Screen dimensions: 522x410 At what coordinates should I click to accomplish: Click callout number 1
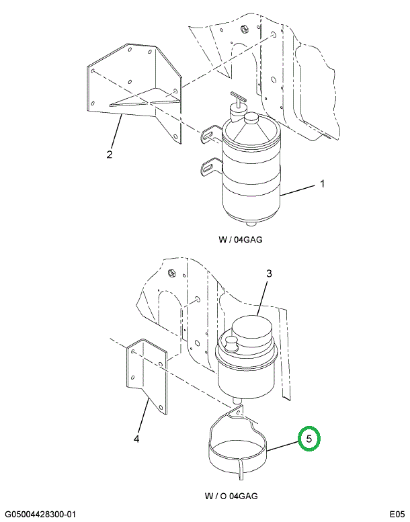[322, 184]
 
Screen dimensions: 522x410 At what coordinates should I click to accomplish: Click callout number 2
[108, 156]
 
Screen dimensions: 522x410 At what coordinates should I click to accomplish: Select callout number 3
[269, 273]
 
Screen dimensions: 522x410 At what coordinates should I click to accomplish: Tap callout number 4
[136, 439]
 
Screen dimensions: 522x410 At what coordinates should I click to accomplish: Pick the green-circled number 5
[310, 439]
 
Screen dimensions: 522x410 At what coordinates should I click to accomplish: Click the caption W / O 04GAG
[231, 496]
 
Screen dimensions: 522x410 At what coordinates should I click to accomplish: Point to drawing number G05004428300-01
[39, 514]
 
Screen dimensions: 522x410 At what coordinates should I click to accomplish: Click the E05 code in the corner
[396, 514]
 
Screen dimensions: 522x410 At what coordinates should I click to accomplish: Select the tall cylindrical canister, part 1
[250, 181]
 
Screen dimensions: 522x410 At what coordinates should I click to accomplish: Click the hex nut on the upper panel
[244, 30]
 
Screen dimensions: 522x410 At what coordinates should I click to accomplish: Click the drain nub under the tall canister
[250, 224]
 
